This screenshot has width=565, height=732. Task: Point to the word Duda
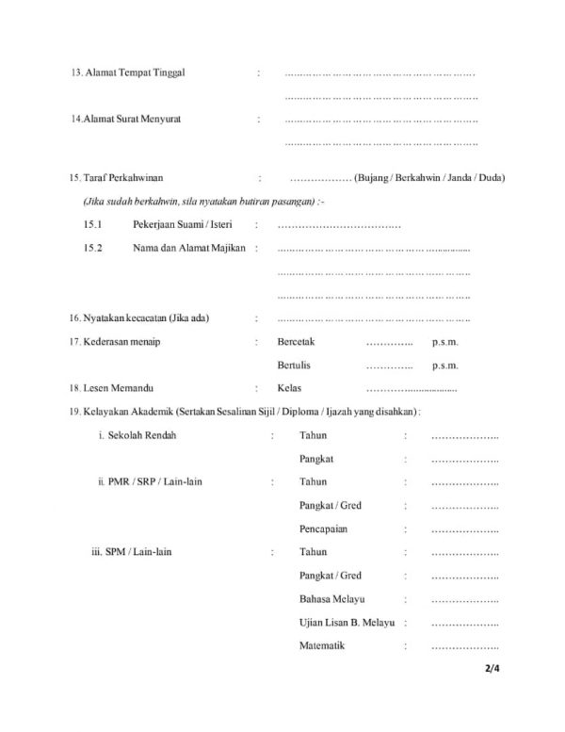tap(491, 178)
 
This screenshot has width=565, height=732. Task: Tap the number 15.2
tap(92, 248)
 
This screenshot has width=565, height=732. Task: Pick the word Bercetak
tap(296, 342)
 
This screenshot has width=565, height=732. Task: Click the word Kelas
tap(288, 388)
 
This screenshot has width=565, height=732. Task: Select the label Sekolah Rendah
tap(137, 435)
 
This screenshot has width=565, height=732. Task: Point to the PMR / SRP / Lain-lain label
tap(151, 482)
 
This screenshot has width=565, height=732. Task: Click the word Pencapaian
tap(323, 529)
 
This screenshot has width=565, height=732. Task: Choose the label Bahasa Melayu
tap(331, 599)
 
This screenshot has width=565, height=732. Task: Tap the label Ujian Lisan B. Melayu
tap(346, 623)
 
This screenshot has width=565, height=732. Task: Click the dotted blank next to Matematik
tap(464, 646)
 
